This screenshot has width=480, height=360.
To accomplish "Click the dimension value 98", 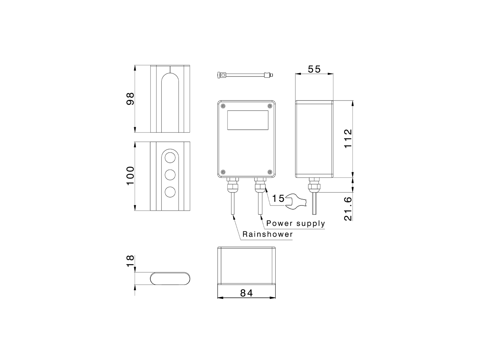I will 130,99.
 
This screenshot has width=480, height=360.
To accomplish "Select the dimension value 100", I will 130,175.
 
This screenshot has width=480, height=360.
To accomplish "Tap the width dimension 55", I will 314,69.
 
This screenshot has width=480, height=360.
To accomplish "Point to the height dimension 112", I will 348,138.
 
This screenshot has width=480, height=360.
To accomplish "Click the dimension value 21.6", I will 348,208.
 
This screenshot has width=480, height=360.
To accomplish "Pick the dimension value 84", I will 246,293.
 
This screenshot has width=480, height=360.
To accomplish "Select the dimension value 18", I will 130,261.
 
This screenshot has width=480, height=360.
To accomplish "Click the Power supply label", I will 295,223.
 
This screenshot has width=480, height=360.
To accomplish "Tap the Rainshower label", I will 267,234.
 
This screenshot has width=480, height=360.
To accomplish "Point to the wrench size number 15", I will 278,198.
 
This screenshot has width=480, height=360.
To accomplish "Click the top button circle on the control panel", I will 170,157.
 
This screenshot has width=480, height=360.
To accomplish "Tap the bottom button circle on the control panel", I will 170,192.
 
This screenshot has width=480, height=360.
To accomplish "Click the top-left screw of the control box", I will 223,106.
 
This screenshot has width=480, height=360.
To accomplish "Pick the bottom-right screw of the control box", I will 270,172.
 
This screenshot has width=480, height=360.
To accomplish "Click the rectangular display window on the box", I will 247,120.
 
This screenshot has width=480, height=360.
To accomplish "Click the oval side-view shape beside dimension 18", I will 171,278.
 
